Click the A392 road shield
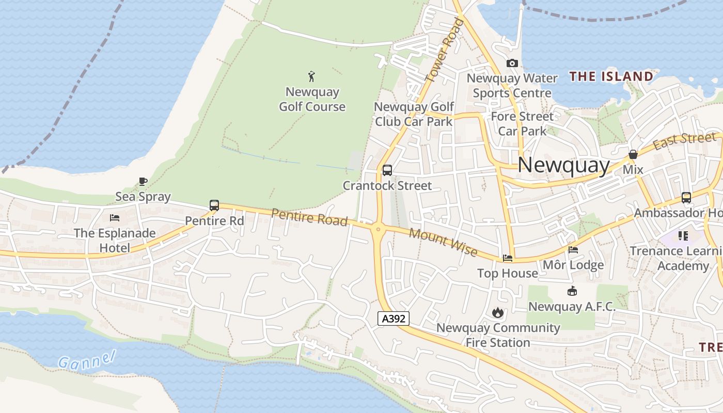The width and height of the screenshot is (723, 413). (394, 319)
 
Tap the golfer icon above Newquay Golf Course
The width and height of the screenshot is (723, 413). (311, 77)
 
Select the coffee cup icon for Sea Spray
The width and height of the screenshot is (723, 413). (143, 181)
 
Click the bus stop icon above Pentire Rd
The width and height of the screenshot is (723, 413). (214, 205)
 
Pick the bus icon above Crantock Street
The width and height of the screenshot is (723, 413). (387, 170)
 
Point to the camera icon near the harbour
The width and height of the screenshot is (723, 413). (512, 63)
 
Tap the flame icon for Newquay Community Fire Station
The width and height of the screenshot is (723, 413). (498, 312)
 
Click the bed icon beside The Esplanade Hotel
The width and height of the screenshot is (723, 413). (115, 218)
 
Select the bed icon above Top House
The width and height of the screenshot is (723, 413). (508, 258)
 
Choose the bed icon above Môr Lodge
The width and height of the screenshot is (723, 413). (573, 250)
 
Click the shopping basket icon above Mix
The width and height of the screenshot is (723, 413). (633, 154)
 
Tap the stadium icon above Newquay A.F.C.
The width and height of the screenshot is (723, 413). (572, 291)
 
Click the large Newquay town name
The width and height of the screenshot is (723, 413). (563, 165)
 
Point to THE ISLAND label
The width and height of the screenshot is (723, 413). (611, 77)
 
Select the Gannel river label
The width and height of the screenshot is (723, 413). (86, 360)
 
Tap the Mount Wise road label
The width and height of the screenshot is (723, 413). (443, 242)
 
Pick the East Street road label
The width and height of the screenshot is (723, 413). (685, 140)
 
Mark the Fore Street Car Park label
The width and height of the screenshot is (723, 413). (522, 123)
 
